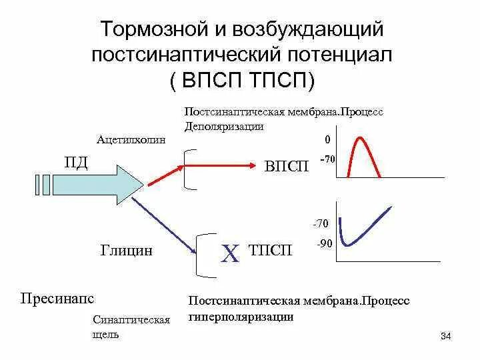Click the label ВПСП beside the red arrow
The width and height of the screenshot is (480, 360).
tap(287, 166)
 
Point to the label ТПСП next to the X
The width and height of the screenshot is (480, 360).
tap(270, 251)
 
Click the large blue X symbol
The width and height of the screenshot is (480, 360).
tap(230, 254)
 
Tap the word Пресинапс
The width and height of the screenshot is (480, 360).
tap(57, 295)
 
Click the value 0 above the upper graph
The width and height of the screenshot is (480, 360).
tap(327, 140)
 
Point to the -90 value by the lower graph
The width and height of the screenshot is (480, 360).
tap(325, 244)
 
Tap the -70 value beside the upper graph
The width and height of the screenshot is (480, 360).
tap(327, 161)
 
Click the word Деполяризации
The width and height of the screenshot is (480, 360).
tap(223, 126)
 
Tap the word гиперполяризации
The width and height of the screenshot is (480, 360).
tap(241, 317)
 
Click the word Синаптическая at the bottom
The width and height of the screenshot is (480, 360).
tap(132, 319)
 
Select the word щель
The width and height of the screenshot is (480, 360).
tap(107, 334)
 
